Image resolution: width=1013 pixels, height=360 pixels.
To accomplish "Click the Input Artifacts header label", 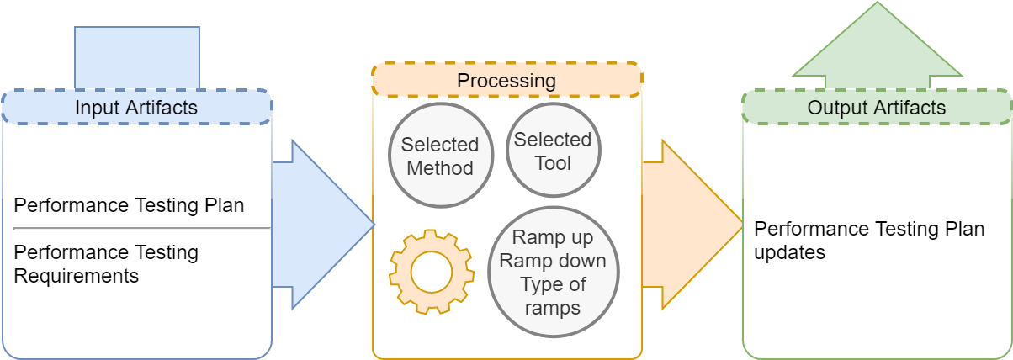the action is click(136, 108).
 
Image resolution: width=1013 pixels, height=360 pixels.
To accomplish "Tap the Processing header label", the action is click(506, 81).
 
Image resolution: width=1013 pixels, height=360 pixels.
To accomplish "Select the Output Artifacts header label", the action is click(877, 108).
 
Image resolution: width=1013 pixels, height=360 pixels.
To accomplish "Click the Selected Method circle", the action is click(441, 156).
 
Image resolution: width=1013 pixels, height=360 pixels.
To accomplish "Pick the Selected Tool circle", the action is click(553, 150).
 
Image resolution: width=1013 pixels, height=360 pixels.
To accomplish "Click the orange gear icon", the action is click(432, 272).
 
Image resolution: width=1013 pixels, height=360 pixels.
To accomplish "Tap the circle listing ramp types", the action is click(553, 272).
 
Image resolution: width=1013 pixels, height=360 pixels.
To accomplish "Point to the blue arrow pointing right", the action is click(323, 225).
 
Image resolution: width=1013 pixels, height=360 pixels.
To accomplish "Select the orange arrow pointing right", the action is click(692, 225).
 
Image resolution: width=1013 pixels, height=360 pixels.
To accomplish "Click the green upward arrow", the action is click(878, 45).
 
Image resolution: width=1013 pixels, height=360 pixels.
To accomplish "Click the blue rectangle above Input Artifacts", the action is click(137, 57).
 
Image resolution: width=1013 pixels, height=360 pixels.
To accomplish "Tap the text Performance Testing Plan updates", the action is click(869, 241).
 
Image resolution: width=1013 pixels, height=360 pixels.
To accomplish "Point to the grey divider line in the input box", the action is click(142, 229).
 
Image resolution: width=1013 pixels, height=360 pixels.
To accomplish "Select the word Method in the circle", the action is click(440, 168).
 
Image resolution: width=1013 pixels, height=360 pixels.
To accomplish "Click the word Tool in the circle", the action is click(553, 163).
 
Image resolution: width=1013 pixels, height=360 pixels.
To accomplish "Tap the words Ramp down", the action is click(553, 261).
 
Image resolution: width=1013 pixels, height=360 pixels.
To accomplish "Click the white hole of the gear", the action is click(432, 273).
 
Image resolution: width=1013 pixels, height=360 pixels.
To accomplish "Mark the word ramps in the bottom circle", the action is click(553, 309).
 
